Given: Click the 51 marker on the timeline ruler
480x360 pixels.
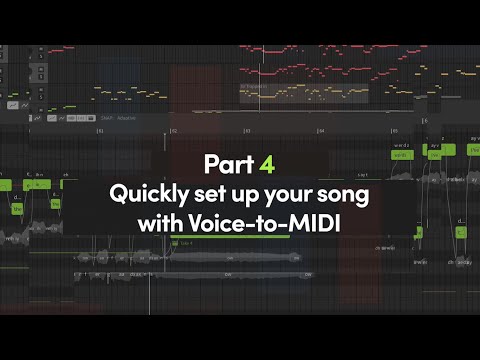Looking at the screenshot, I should (99, 131).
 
